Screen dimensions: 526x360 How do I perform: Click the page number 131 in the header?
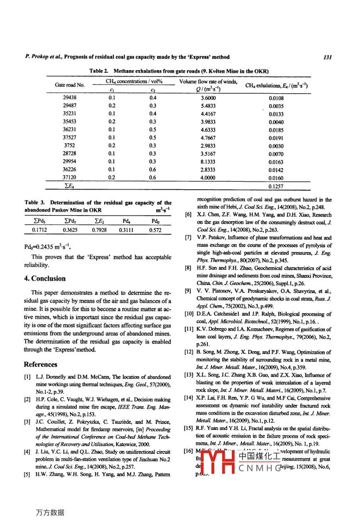pos(327,57)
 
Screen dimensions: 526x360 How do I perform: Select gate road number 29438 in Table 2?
pos(70,98)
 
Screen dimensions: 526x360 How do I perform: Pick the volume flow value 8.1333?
pos(208,162)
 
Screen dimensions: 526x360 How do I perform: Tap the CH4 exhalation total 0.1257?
pos(276,186)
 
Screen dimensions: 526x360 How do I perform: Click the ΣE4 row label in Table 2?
pos(70,186)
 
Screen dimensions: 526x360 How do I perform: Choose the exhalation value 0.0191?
pos(276,138)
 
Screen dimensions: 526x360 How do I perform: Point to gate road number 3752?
pos(70,145)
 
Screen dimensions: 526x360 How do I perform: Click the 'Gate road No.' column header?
pos(70,85)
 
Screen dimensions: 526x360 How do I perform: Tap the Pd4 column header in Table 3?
pos(127,221)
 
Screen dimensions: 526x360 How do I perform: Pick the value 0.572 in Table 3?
pos(155,230)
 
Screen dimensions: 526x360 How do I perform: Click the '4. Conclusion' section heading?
pos(45,279)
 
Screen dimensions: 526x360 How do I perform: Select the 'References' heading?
pos(41,364)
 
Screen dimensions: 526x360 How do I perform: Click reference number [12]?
pos(189,352)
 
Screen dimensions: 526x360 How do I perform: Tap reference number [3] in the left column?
pos(27,422)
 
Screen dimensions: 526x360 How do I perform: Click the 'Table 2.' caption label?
pos(99,71)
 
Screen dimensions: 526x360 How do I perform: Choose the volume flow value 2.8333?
pos(208,170)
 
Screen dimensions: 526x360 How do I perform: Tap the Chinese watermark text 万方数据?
pos(50,512)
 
